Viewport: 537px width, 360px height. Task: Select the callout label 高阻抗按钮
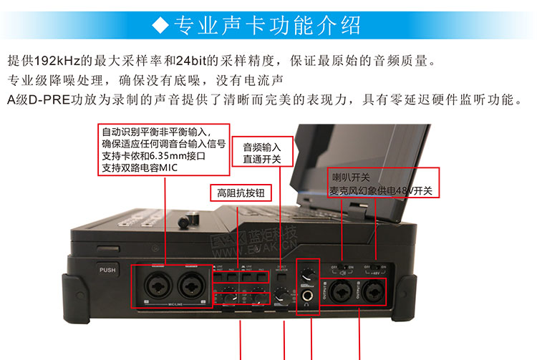(x=238, y=192)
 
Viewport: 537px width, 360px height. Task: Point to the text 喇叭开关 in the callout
(x=350, y=176)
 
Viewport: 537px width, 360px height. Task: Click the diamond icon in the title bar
(x=161, y=26)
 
